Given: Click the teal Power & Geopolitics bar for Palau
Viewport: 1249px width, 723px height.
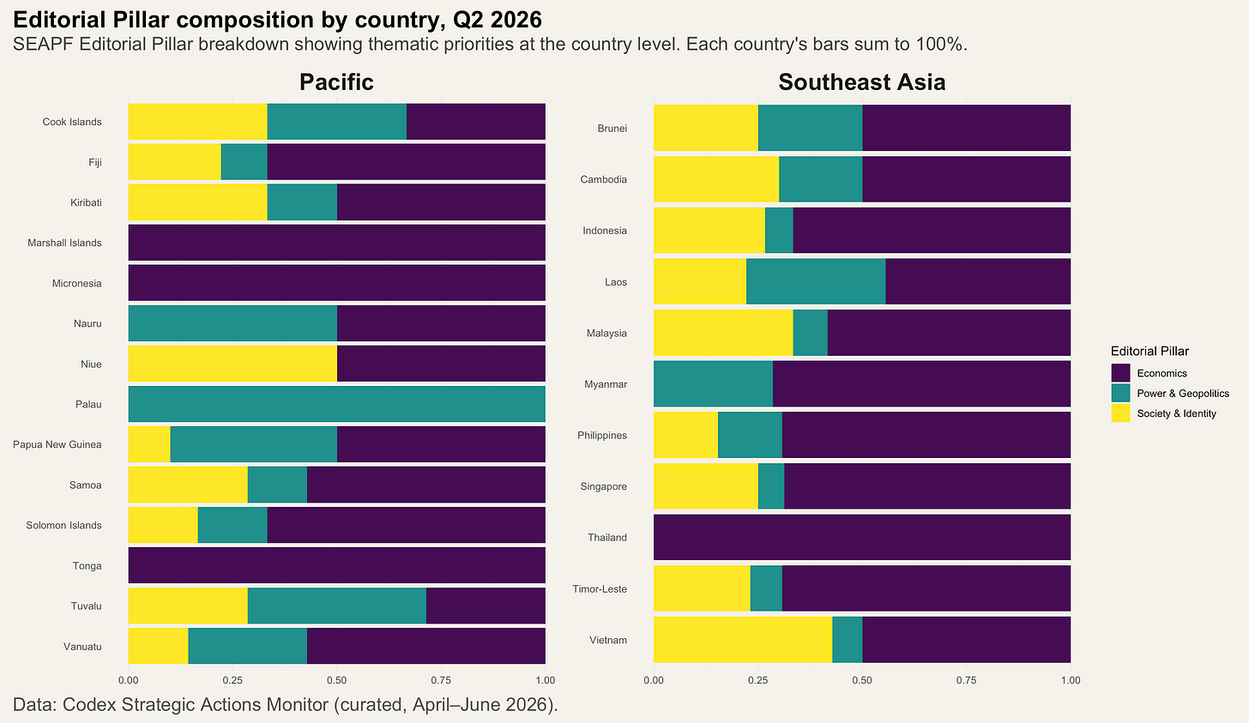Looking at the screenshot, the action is tap(337, 404).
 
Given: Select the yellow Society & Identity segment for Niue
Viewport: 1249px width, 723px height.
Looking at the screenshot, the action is tap(232, 364).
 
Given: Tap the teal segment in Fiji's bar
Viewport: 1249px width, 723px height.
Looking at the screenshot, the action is tap(244, 161).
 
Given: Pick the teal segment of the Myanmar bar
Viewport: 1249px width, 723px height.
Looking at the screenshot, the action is tap(713, 383).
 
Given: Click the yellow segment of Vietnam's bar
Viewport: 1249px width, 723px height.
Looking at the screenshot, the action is tap(743, 640).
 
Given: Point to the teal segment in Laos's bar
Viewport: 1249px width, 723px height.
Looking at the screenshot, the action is tap(816, 281).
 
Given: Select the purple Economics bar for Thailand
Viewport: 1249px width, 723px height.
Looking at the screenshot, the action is tap(862, 537).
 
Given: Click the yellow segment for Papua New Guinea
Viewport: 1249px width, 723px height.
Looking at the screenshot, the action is tap(149, 444).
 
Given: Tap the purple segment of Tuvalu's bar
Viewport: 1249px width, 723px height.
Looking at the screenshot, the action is tap(486, 606).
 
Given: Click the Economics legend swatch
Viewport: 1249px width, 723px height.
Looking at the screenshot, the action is tap(1120, 373).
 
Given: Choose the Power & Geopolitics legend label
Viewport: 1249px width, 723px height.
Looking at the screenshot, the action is tap(1183, 394).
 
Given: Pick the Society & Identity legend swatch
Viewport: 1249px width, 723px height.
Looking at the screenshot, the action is tap(1120, 413).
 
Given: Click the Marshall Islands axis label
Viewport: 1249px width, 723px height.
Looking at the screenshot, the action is tap(64, 243).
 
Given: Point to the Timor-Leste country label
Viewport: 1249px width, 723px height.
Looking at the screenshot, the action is tap(600, 588).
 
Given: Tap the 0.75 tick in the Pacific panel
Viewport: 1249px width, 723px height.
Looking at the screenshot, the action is tap(441, 680).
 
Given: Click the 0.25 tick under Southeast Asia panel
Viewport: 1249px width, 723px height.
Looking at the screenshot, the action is tap(757, 680).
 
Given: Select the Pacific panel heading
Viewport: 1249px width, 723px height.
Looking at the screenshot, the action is tap(337, 82).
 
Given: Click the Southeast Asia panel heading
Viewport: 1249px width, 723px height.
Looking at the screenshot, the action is tap(862, 82).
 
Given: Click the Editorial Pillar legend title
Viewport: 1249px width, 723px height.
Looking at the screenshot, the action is tap(1149, 351).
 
